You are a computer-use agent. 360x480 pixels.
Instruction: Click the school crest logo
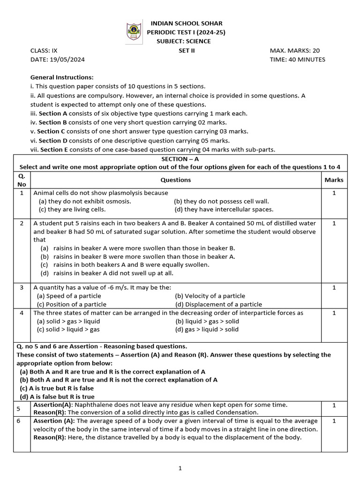133,32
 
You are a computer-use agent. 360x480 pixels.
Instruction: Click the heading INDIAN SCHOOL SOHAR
186,23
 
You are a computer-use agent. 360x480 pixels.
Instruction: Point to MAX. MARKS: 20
295,51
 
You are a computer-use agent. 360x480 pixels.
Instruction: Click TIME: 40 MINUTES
297,60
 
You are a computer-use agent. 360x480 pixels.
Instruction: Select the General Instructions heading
62,77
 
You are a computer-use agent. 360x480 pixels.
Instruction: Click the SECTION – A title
180,159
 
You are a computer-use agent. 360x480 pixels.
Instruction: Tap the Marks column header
334,180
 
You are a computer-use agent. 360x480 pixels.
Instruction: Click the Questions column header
176,180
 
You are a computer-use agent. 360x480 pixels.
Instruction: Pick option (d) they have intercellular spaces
224,210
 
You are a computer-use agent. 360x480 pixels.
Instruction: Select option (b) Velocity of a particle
210,296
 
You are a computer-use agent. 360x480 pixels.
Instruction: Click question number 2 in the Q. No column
22,223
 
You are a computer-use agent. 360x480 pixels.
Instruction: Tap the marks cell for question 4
334,313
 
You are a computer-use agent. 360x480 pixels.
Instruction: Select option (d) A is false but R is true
57,397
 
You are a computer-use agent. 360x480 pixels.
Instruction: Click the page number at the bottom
180,468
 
